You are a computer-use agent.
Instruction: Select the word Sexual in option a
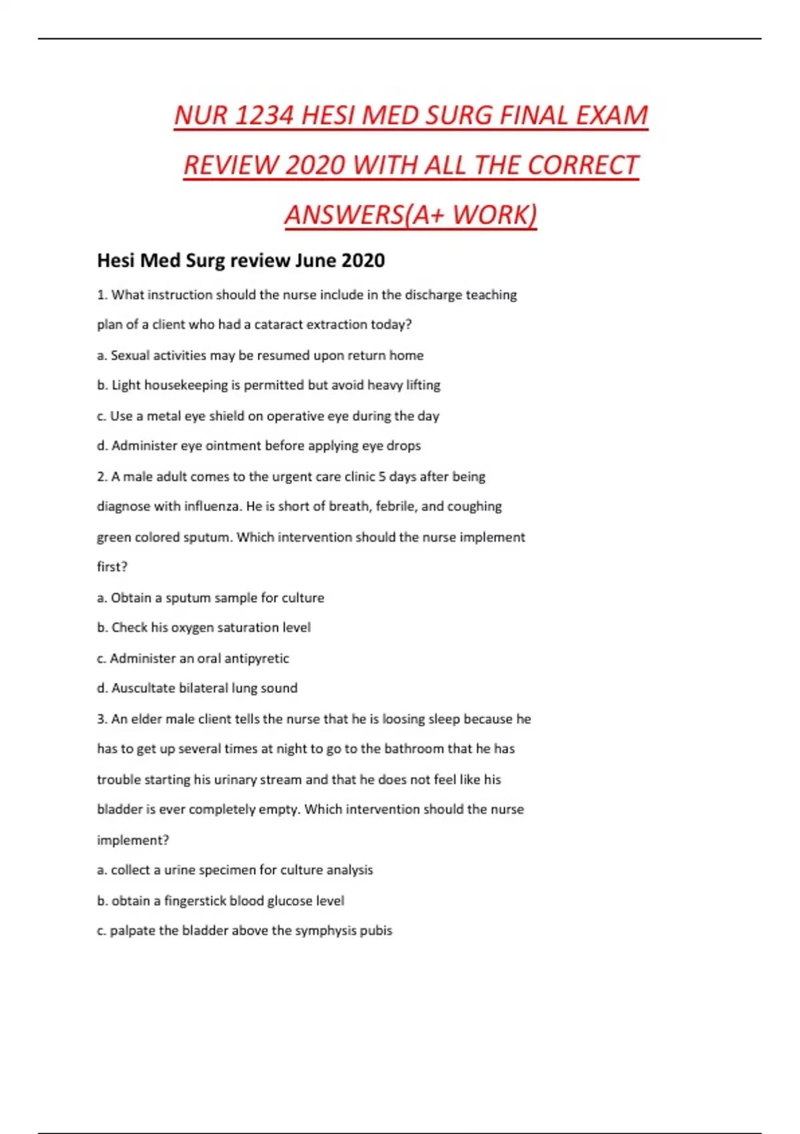(130, 356)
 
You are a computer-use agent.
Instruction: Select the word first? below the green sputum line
(112, 567)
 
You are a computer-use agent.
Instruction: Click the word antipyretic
(257, 658)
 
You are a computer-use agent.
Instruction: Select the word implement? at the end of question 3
(133, 840)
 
